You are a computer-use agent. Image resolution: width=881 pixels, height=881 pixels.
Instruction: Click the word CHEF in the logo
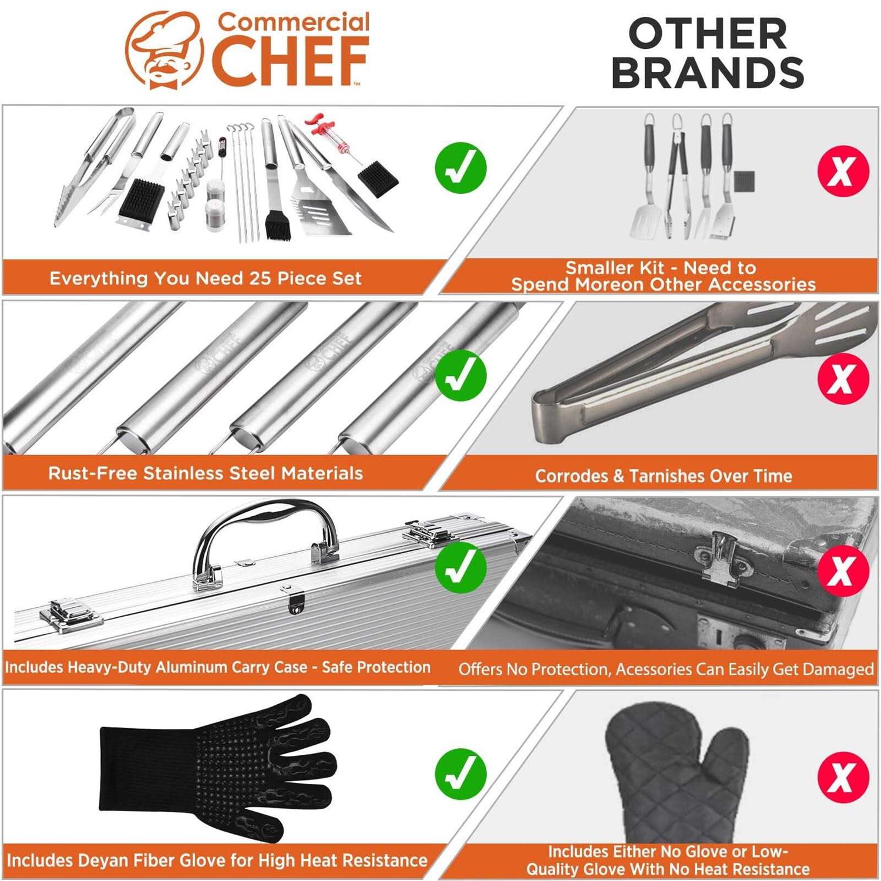click(290, 60)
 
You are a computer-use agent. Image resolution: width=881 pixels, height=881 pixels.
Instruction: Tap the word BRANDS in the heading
click(707, 73)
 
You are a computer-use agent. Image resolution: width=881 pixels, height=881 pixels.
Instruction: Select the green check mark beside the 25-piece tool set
click(460, 167)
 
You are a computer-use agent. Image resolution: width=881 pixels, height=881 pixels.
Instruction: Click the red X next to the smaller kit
click(842, 171)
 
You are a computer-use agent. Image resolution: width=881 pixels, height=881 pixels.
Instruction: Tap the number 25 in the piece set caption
click(260, 278)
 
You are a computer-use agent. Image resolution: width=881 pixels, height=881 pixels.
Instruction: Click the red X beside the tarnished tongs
click(842, 378)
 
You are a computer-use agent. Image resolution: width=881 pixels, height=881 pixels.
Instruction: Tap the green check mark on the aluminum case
click(460, 568)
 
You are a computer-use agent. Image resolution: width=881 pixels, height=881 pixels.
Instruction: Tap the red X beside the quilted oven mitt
click(842, 776)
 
